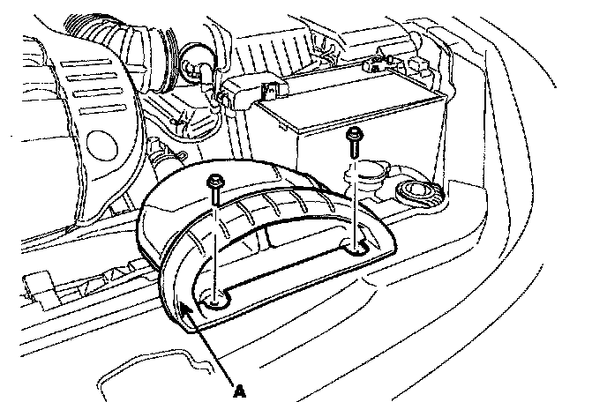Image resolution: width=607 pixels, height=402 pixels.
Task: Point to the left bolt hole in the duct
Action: coord(216,301)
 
